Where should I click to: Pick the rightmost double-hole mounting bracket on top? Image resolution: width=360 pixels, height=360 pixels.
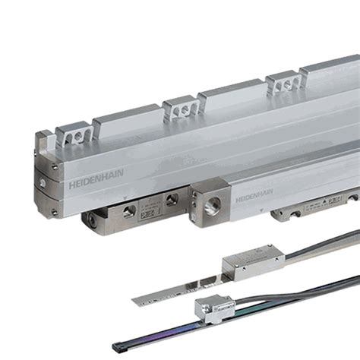point(282,83)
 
